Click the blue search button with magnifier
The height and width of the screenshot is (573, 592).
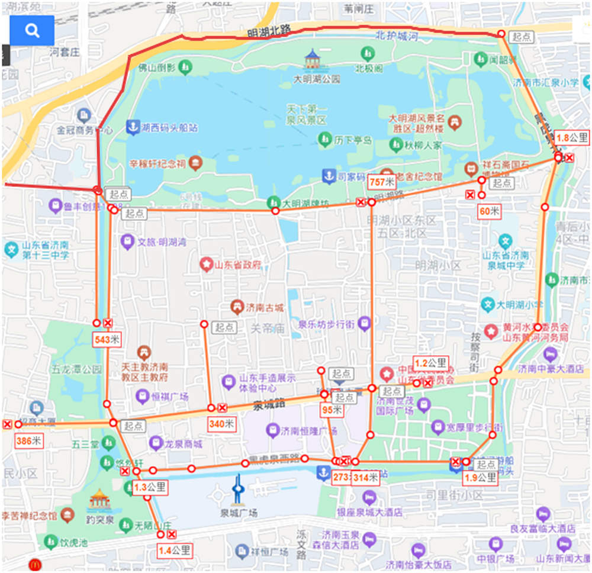[32, 31]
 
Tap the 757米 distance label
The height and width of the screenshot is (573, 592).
[382, 182]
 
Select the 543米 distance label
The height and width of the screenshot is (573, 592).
[107, 340]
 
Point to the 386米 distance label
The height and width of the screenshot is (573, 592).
[28, 440]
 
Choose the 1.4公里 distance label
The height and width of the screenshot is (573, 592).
[175, 551]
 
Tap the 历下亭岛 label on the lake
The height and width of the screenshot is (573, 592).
[353, 140]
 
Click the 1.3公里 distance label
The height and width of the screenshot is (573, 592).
[149, 488]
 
